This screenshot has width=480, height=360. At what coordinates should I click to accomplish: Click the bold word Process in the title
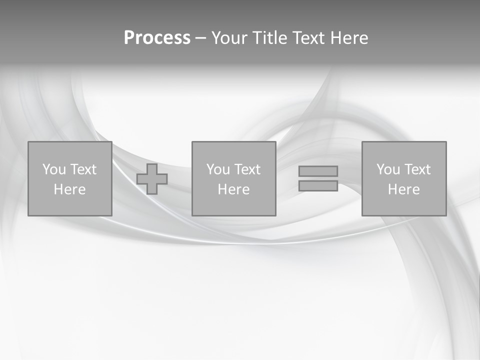pos(157,38)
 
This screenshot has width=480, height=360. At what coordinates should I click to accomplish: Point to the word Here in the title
pos(350,38)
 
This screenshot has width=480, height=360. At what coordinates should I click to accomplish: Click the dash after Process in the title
pos(200,38)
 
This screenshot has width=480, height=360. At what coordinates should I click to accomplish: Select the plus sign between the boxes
pos(152,179)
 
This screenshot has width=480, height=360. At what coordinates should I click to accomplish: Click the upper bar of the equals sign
pos(318,171)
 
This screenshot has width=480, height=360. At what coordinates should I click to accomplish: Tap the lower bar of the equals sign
pos(318,185)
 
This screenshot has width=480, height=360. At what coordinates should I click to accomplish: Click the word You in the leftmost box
pos(54,169)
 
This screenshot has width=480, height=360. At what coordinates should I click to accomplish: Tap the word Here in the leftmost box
pos(69,189)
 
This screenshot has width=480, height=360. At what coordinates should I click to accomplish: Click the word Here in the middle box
pos(233,189)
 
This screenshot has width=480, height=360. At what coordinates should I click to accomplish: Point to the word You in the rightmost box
pos(388,169)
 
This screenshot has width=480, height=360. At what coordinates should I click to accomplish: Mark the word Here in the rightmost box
pos(403,189)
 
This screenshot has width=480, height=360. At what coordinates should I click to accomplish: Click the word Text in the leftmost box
pos(83,169)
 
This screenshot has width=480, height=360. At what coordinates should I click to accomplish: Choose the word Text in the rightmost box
pos(417,169)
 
